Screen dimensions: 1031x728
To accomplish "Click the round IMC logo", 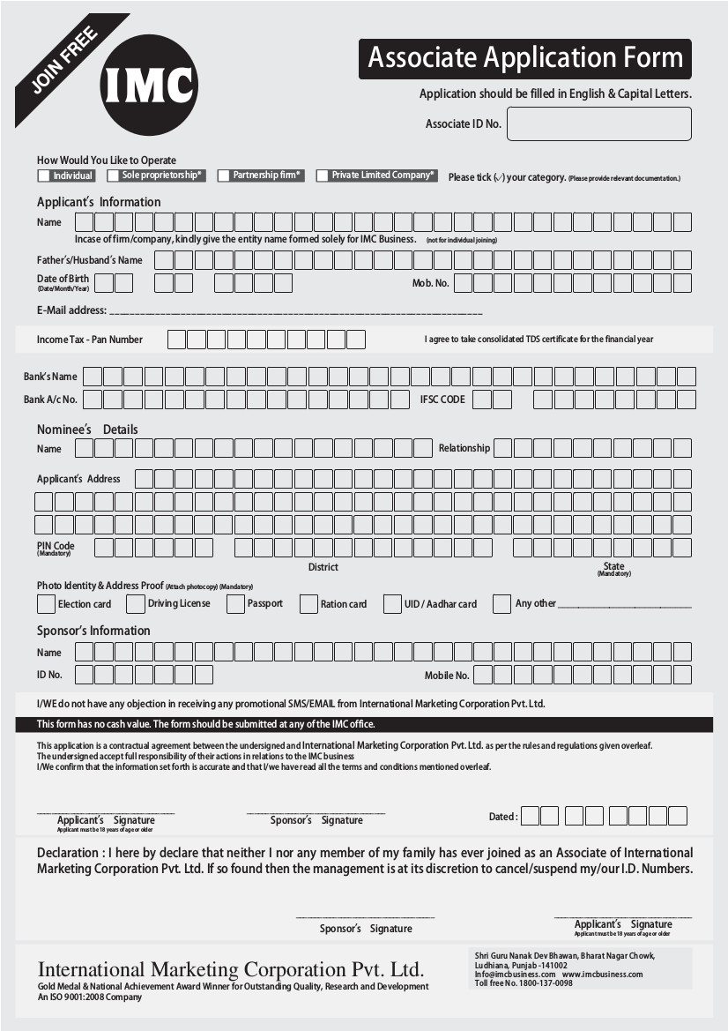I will (x=149, y=85).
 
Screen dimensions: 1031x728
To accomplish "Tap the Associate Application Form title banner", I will (x=524, y=59).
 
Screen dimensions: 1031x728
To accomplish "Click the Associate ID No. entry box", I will (x=598, y=123).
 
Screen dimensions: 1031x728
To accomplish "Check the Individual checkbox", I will (x=44, y=176).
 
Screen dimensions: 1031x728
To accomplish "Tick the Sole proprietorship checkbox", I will (x=114, y=176).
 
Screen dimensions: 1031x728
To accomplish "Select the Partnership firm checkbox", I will (x=224, y=176).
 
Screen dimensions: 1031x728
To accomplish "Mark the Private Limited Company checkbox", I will (x=323, y=176).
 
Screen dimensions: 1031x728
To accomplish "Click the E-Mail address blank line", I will (x=295, y=313).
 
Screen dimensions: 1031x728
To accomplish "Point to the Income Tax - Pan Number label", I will (x=89, y=340).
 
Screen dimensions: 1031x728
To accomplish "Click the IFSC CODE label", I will (x=442, y=400).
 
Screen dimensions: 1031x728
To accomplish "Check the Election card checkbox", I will (x=46, y=604).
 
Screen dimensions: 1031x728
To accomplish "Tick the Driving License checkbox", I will (x=135, y=604).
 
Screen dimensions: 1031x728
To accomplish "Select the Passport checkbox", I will (x=234, y=604).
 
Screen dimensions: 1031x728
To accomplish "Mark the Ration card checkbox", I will (x=308, y=604).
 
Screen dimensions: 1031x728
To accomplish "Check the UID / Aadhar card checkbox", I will (x=392, y=604).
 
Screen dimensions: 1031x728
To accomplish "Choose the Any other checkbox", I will (x=501, y=604).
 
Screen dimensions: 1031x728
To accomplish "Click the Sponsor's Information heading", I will (x=93, y=631).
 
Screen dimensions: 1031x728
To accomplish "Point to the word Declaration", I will (x=67, y=853).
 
